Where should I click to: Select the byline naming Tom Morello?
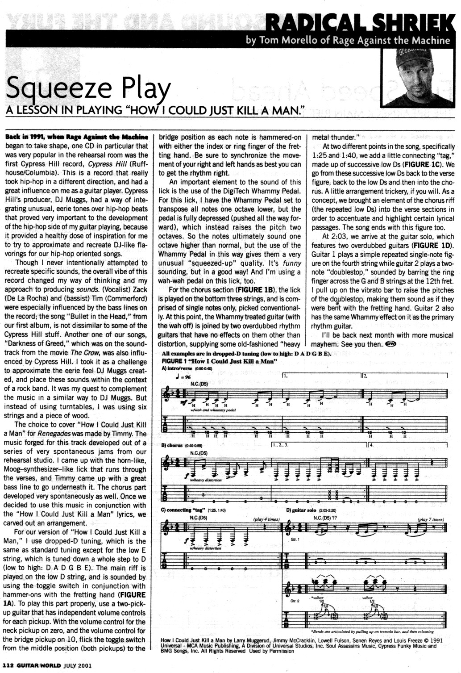[x=348, y=41]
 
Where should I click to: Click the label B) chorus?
[x=172, y=445]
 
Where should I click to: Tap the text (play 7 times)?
[x=431, y=519]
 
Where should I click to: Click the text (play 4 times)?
[x=266, y=519]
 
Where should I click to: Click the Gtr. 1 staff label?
[x=295, y=540]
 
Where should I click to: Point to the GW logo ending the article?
[x=391, y=343]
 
